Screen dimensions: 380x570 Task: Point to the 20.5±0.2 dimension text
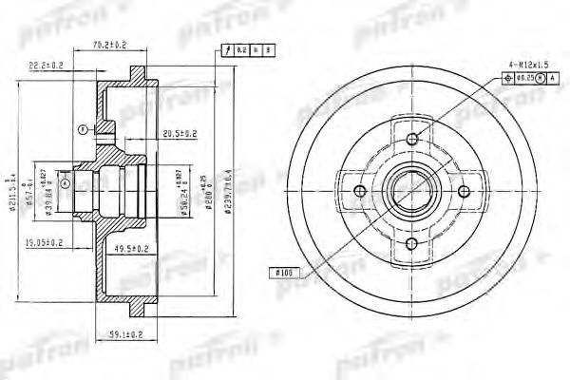[x=180, y=133]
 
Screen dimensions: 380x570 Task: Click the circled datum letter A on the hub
[x=65, y=181]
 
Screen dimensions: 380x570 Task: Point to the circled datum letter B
[x=85, y=129]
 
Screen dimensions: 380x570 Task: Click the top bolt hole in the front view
[x=411, y=141]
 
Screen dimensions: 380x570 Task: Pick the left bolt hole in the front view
[x=360, y=193]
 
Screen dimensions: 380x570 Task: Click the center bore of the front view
[x=411, y=193]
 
